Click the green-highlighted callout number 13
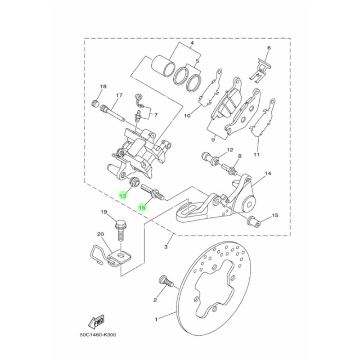[122, 196]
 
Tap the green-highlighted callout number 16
[142, 207]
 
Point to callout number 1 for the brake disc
[156, 319]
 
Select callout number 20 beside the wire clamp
[100, 234]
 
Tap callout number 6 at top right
[269, 48]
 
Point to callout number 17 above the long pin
[119, 95]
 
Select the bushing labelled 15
[253, 220]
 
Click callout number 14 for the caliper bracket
[268, 173]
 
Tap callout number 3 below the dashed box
[166, 247]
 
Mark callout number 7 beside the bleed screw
[156, 115]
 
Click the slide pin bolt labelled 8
[230, 170]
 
